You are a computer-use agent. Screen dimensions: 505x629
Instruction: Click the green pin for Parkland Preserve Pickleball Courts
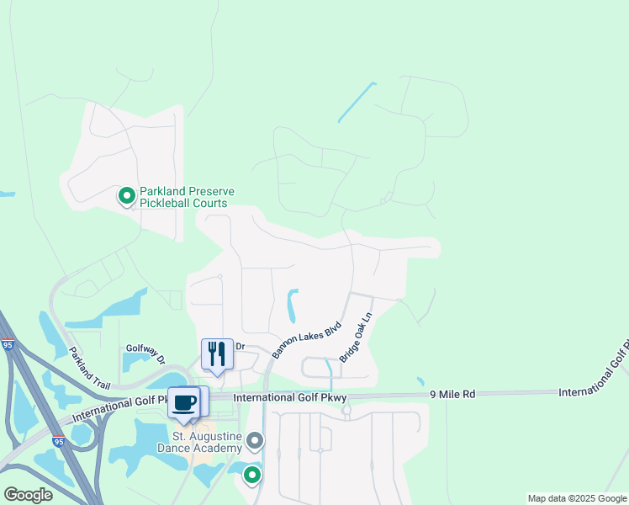click(126, 196)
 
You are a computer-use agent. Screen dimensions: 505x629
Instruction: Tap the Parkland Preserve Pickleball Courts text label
click(183, 197)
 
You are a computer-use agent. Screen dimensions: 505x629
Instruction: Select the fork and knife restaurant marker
click(217, 353)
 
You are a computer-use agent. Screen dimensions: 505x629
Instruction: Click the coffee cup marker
click(185, 401)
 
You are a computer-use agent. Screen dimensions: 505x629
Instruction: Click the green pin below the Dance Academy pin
click(251, 476)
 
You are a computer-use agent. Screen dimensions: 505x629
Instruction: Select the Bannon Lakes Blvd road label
click(306, 339)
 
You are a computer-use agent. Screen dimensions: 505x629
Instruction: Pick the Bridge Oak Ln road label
click(355, 339)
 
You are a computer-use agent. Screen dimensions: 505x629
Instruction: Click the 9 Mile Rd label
click(452, 393)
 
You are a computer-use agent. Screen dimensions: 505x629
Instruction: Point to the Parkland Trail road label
click(89, 368)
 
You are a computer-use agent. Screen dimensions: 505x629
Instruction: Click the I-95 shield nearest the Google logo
click(57, 440)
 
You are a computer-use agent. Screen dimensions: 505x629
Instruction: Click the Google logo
click(27, 495)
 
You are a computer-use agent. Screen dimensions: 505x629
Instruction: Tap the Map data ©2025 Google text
click(577, 498)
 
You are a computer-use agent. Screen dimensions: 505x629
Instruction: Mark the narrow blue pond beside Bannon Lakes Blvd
click(293, 306)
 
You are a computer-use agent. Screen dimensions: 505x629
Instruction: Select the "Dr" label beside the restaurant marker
click(240, 346)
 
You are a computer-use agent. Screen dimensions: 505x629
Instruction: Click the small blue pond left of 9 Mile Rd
click(420, 381)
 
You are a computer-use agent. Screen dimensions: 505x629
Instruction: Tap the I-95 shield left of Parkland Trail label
click(8, 344)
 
